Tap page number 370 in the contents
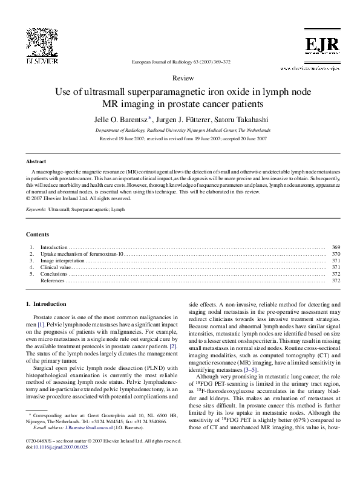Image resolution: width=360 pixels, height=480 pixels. point(336,254)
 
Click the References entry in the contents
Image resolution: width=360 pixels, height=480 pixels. point(52,281)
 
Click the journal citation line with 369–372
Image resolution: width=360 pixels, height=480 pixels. point(180,62)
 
